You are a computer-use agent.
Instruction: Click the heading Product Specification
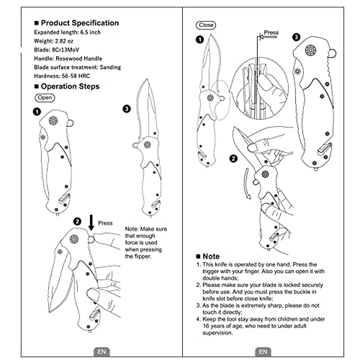point(79,23)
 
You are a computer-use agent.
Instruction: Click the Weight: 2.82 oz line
point(53,41)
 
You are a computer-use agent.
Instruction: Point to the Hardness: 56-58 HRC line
point(62,76)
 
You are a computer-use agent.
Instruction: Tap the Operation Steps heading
point(70,87)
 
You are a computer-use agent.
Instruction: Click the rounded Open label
point(45,98)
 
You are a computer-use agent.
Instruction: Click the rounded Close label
point(206,25)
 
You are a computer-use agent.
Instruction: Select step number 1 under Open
point(37,112)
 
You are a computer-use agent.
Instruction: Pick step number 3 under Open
point(127,109)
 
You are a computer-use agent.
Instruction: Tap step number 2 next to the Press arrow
point(77,221)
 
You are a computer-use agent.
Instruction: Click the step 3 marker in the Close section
point(296,37)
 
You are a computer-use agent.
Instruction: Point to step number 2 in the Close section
point(233,158)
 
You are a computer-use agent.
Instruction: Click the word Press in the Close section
point(271,32)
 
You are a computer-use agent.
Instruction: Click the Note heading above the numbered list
point(211,256)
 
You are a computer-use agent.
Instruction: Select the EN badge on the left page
point(102,352)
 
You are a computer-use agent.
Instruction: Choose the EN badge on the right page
point(263,352)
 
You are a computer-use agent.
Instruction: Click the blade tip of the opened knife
point(147,80)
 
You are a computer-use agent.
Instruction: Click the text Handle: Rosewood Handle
point(68,58)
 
